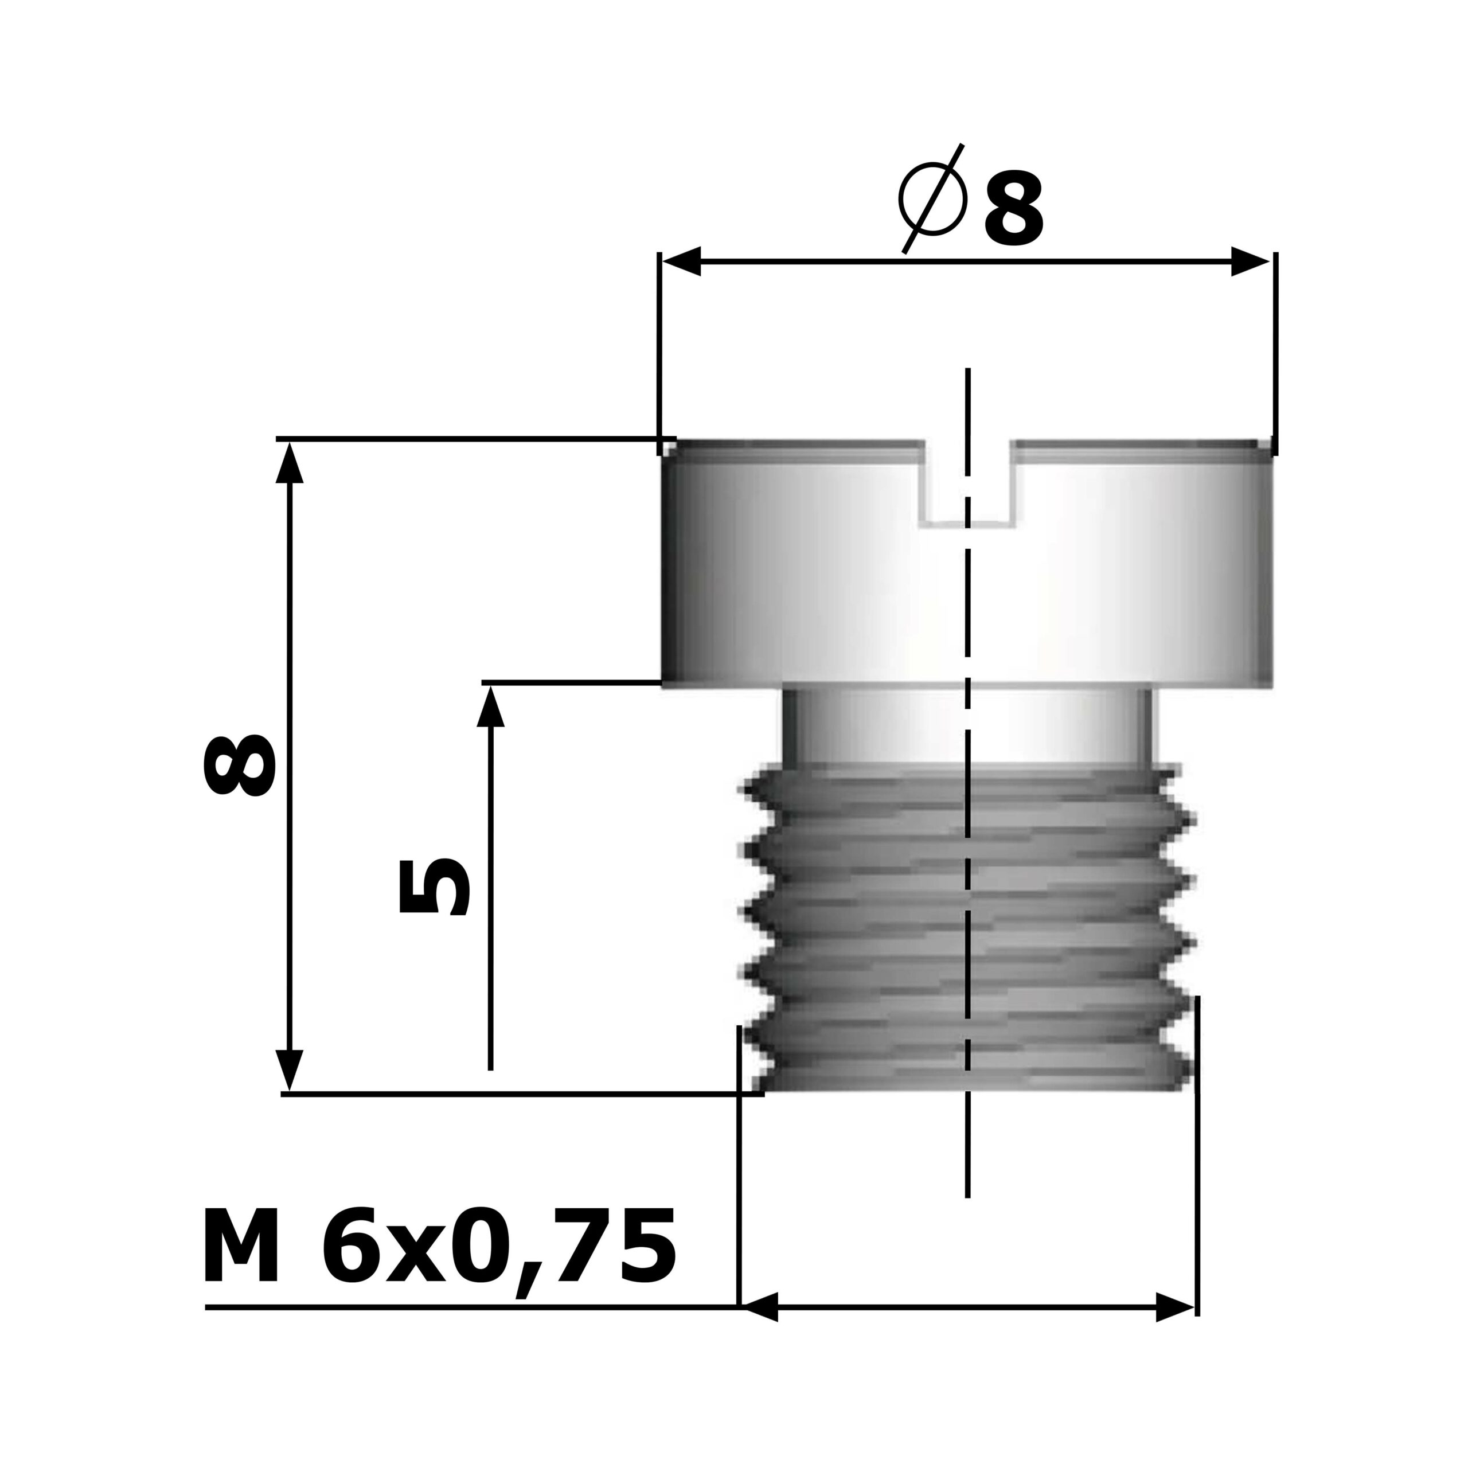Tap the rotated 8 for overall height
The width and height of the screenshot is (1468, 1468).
point(238,765)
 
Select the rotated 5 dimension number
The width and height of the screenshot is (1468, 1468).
point(434,888)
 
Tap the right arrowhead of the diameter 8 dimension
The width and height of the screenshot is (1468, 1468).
point(1250,260)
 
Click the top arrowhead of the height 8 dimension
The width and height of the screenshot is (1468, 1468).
point(289,463)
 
